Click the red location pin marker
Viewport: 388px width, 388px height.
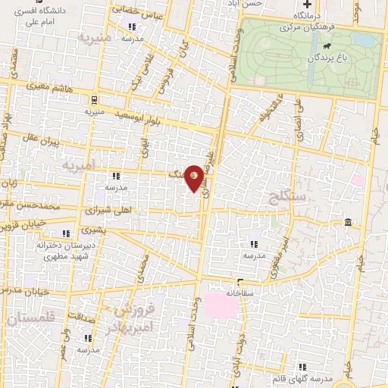point(195,178)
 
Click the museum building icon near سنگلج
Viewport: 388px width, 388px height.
point(348,222)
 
